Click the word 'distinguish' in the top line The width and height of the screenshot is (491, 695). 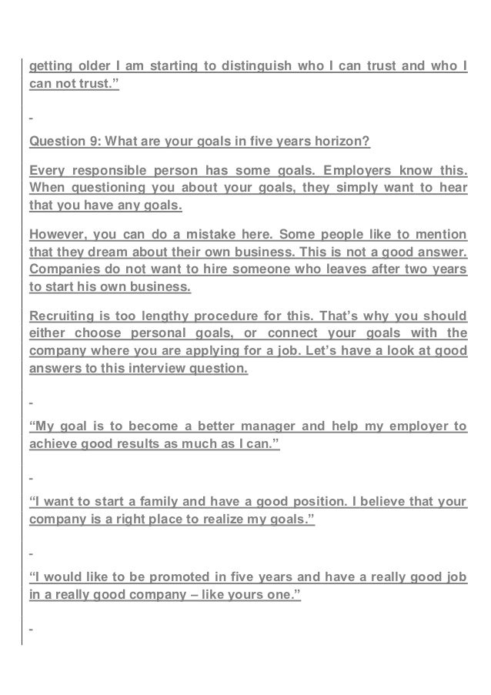(256, 67)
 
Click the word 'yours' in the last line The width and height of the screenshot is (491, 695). (246, 596)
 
